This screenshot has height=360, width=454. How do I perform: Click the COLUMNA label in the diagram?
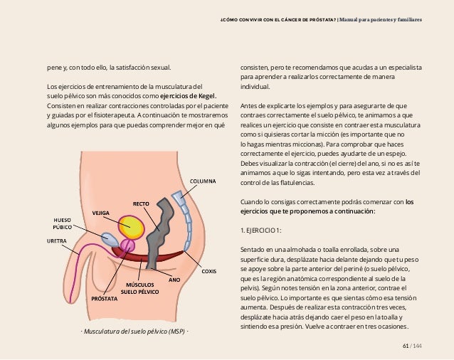(x=203, y=181)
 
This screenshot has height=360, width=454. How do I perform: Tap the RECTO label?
(x=141, y=203)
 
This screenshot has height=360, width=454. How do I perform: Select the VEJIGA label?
(x=100, y=213)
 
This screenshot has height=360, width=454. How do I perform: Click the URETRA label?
(x=58, y=241)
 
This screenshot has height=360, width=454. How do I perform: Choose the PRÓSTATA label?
(x=105, y=299)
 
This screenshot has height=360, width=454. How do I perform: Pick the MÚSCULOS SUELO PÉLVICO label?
(x=139, y=288)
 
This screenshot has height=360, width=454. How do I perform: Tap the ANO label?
(x=174, y=280)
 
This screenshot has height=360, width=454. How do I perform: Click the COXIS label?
(x=209, y=271)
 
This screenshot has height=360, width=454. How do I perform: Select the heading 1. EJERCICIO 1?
(x=262, y=231)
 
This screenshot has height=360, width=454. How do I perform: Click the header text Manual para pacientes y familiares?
(x=381, y=19)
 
